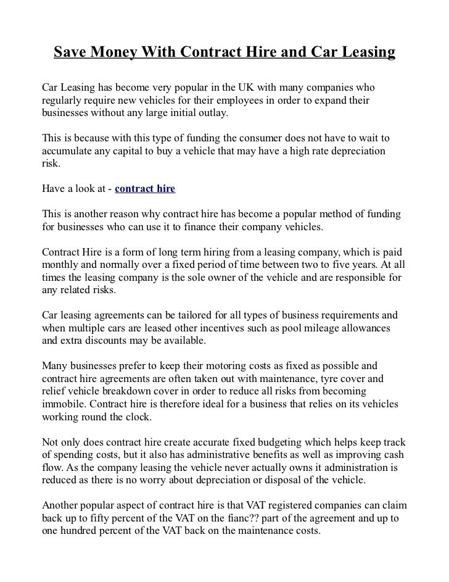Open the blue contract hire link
[145, 188]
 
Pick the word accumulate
[68, 151]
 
